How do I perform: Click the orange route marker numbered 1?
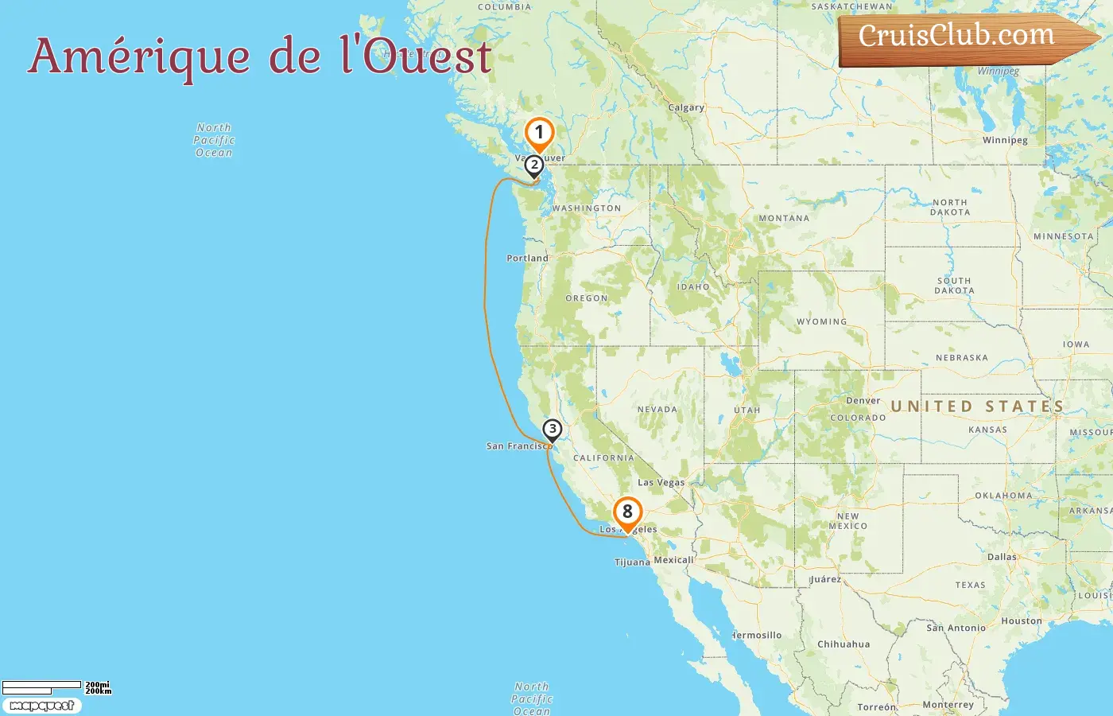click(539, 133)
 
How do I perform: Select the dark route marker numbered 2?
click(534, 165)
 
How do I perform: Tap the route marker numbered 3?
click(552, 430)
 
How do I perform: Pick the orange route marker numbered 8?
click(627, 512)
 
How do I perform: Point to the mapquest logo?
click(41, 706)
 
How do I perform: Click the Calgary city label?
click(686, 107)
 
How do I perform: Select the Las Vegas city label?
click(661, 482)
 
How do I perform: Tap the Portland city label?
click(527, 258)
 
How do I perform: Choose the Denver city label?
click(863, 400)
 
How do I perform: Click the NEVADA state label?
click(657, 410)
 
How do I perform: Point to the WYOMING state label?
click(821, 321)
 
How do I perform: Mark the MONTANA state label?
click(784, 218)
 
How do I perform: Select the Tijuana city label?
click(632, 562)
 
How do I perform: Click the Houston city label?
click(1021, 621)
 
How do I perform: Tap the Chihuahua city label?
click(843, 644)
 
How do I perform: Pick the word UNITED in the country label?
click(931, 407)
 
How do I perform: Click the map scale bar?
click(41, 686)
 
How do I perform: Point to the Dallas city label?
click(1002, 557)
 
